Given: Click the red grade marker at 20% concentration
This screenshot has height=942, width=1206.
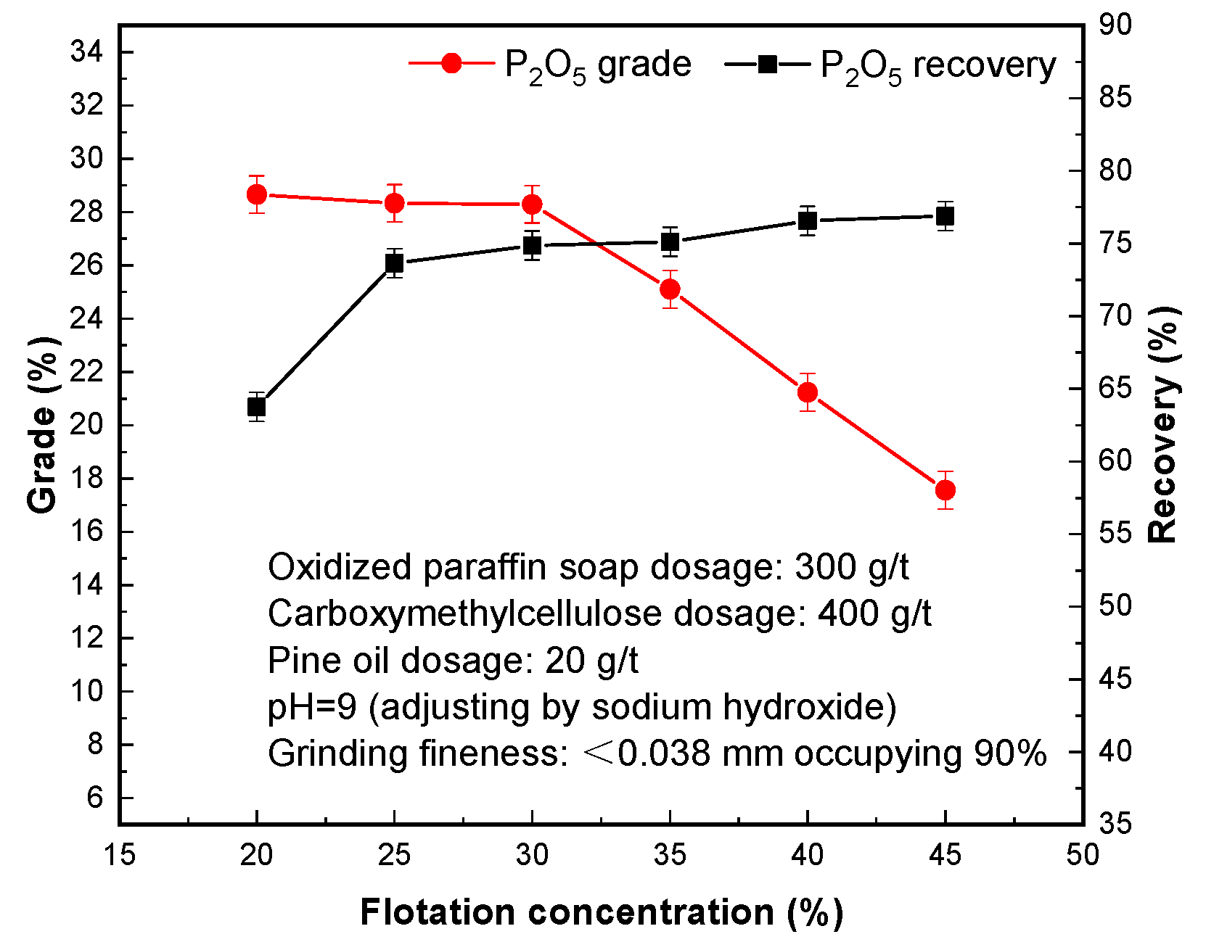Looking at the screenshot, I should coord(257,194).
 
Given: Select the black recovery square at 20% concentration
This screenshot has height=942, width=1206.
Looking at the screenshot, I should coord(257,407).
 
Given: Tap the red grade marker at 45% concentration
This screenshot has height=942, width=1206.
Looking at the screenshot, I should coord(945,490).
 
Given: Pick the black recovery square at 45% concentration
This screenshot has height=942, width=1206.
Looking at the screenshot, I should coord(945,216).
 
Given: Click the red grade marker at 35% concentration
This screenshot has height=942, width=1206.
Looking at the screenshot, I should coord(670,289).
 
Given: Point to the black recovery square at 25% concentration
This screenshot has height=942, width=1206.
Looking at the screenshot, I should coord(394,263).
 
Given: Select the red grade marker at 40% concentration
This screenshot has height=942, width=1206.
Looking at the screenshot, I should coord(808,392).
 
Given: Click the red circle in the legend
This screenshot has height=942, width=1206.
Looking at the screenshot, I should coord(451,64).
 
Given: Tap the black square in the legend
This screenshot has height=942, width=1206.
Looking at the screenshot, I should coord(767,64).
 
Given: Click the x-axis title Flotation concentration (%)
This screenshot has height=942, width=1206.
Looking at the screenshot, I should coord(602,912).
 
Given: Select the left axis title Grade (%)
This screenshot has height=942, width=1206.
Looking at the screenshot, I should coord(42,425).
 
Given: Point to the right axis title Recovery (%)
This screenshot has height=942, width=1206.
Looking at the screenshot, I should coord(1163,425).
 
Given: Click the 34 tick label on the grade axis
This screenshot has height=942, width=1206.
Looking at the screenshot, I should coord(86,51).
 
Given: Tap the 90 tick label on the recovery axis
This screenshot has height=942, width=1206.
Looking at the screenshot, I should coord(1115,25).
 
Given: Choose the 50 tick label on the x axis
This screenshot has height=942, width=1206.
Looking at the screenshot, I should coord(1083,855).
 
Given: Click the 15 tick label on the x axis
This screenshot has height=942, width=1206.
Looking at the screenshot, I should coord(119,855).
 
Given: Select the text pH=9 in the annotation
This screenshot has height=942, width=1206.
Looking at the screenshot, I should coord(312,707).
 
